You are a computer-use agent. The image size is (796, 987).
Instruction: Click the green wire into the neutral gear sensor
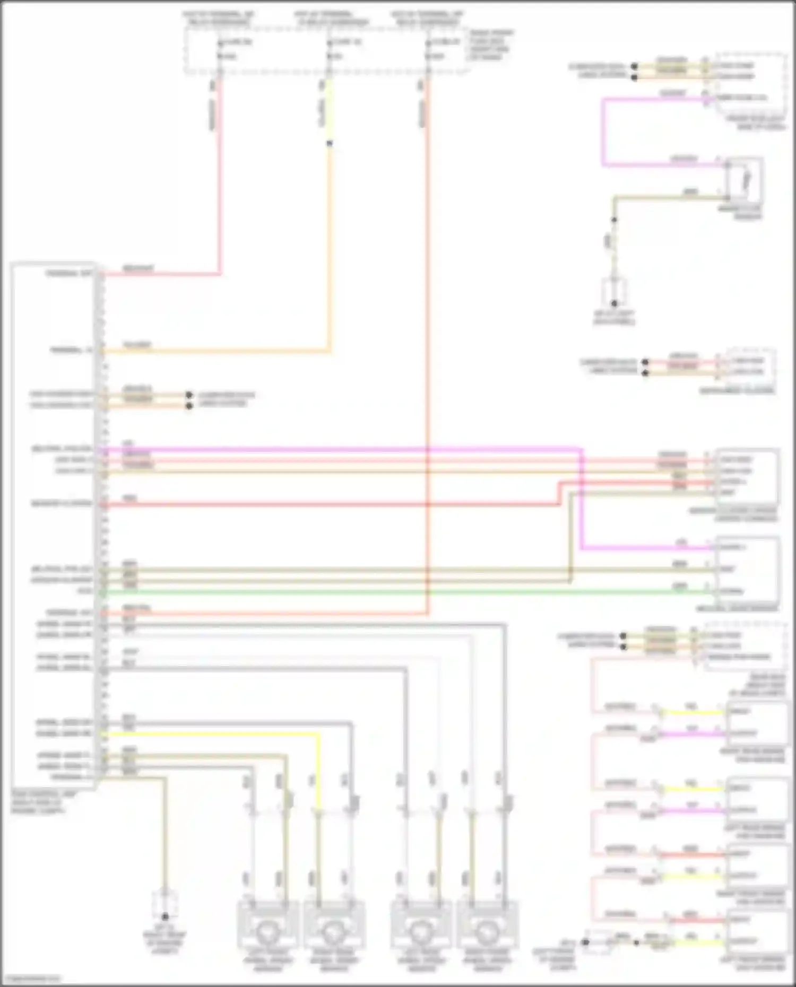403,591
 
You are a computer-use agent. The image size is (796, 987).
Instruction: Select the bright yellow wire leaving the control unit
212,735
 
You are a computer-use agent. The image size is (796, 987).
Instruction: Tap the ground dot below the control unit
165,916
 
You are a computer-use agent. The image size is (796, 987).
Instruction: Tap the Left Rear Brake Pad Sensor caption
754,832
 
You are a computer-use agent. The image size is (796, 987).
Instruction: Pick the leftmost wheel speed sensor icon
267,931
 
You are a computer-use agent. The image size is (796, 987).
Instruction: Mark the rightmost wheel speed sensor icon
487,931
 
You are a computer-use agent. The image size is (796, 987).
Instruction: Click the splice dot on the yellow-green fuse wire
330,143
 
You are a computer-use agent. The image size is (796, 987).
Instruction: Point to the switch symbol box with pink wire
745,180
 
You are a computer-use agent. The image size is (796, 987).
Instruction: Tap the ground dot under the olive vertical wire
614,303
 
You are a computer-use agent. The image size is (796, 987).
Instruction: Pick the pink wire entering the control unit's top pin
159,274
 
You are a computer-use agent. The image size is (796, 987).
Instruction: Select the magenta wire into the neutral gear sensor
647,547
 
